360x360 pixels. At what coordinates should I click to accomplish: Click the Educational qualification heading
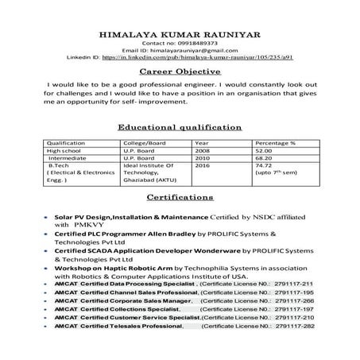click(x=180, y=127)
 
